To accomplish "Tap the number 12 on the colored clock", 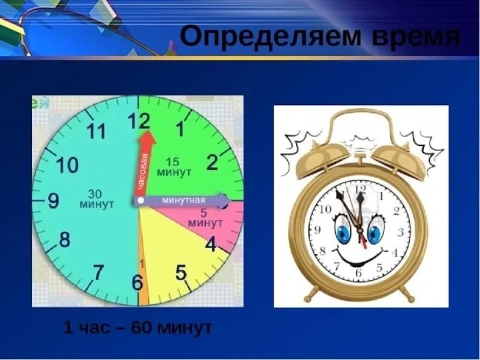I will [139, 122].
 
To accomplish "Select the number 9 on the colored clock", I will [53, 200].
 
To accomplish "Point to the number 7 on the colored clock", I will [98, 272].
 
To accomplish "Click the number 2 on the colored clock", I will [212, 162].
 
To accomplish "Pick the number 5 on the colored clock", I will [181, 273].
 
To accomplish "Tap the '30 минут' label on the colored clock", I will [97, 199].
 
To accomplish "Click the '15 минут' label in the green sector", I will [173, 167].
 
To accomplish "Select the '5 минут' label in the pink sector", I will [206, 218].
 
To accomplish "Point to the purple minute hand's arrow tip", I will [224, 200].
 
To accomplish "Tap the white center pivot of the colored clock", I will [139, 200].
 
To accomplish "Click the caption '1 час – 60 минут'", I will [138, 328].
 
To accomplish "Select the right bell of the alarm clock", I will [399, 158].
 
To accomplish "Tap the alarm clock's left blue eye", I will [343, 233].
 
